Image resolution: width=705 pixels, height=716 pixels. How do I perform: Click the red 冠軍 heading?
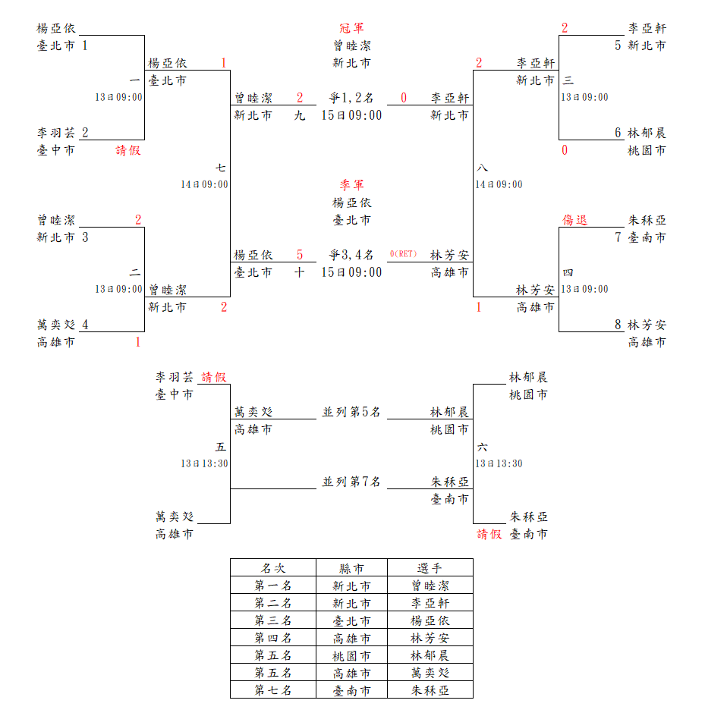click(351, 29)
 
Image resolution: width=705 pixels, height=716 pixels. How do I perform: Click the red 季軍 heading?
click(351, 185)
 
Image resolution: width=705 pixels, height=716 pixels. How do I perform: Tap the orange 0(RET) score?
click(404, 254)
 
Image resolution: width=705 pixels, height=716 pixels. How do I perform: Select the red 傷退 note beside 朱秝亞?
click(574, 221)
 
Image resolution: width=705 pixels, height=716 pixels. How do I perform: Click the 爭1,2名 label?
click(351, 98)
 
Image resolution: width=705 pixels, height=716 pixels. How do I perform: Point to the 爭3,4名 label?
click(351, 255)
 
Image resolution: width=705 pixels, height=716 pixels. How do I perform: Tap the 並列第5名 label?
click(351, 412)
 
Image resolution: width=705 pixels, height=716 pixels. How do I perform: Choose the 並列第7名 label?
click(351, 482)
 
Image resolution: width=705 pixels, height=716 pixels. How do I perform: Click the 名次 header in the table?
click(273, 568)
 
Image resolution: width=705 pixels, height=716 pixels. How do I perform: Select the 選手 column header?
click(430, 568)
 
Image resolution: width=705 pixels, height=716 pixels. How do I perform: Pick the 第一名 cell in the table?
click(273, 586)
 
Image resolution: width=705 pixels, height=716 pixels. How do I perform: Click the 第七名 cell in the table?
click(273, 690)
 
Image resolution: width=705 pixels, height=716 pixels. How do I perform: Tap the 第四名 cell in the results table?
click(273, 638)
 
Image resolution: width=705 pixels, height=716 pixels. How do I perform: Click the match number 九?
click(300, 115)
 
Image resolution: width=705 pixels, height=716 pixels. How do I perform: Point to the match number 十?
click(300, 272)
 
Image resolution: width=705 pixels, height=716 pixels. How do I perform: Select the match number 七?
click(220, 168)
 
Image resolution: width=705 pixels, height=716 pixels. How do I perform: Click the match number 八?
click(483, 168)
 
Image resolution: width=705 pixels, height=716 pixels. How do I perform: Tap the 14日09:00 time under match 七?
click(204, 184)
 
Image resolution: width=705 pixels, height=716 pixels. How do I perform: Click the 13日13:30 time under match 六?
click(499, 463)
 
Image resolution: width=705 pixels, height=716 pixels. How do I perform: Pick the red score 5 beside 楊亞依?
click(300, 255)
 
